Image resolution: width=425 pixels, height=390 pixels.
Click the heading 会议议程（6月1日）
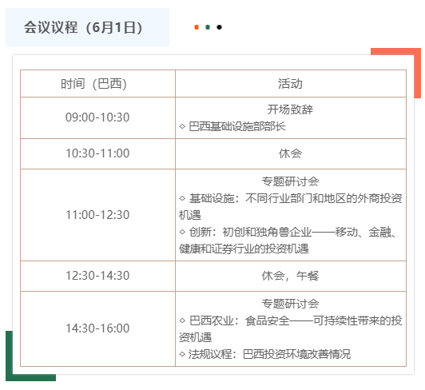(83, 27)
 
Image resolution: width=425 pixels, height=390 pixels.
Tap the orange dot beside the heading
(197, 27)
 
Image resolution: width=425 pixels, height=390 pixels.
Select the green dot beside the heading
(208, 27)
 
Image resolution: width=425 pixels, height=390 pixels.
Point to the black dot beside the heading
(219, 27)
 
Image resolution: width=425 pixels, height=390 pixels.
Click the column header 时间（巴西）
(93, 84)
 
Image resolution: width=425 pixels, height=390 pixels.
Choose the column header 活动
(290, 84)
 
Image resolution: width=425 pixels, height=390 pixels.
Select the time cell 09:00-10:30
(97, 117)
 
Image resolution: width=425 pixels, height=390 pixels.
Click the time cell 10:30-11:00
(97, 153)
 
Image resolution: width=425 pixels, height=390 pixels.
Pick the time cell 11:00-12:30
(97, 215)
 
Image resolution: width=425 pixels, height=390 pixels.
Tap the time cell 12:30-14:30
(97, 276)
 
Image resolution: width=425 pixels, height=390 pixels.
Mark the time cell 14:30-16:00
(97, 328)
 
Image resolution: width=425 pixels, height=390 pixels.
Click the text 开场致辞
(290, 109)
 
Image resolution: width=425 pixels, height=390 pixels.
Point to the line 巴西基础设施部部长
(237, 126)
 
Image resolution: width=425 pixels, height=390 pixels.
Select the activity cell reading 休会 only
(290, 153)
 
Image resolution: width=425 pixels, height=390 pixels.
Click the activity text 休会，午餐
(290, 276)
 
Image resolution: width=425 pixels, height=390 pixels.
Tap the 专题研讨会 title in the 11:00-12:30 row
(290, 181)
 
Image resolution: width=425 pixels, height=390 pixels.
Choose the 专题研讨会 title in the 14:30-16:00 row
(290, 304)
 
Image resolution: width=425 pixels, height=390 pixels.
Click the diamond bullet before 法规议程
(182, 354)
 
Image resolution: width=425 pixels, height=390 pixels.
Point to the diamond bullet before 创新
(182, 232)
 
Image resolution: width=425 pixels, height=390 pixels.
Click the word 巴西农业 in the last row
(212, 320)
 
